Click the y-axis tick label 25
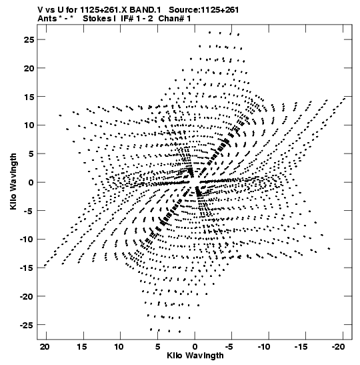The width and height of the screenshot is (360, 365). [x=29, y=40]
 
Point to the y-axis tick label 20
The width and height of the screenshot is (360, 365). [x=29, y=69]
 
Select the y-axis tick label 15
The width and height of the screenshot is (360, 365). [x=29, y=97]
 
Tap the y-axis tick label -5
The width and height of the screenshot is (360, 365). [x=29, y=211]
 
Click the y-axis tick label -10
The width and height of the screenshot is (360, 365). [x=27, y=240]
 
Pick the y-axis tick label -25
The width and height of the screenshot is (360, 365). [x=27, y=325]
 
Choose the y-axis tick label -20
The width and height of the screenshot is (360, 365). [x=27, y=296]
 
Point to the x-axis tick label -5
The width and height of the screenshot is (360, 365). [x=229, y=347]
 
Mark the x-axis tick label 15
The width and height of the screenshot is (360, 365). [x=82, y=347]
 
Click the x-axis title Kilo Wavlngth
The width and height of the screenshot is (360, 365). [x=195, y=356]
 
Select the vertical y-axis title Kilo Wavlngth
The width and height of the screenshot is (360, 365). [x=13, y=181]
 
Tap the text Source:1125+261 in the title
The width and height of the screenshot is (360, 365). [x=204, y=10]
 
